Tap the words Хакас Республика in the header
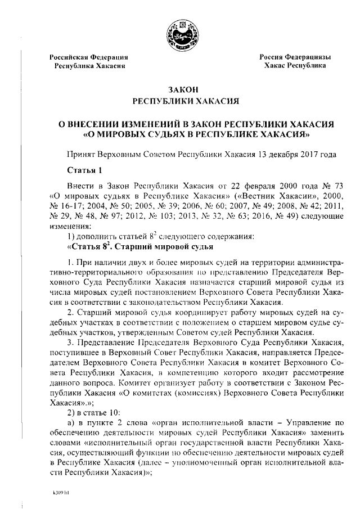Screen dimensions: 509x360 [x=295, y=66]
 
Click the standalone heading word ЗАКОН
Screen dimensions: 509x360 [x=180, y=89]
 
